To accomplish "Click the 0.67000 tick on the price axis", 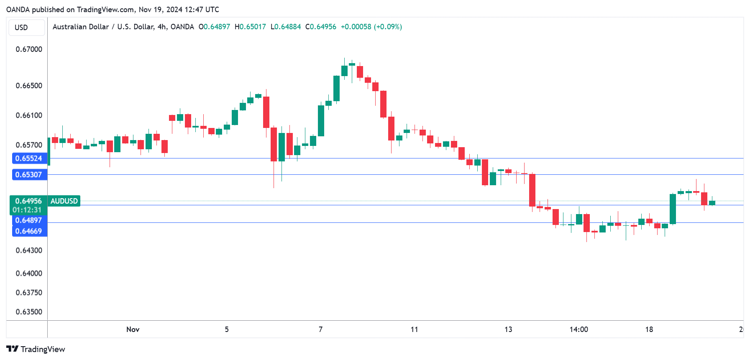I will click(29, 49).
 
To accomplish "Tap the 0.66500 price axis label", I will click(29, 86).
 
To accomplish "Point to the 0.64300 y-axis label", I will click(29, 250).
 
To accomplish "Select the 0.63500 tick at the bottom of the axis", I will click(29, 312).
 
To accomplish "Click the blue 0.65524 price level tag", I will click(29, 158).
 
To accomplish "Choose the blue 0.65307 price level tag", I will click(29, 175).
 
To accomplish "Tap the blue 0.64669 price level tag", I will click(29, 231).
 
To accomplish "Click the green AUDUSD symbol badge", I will click(64, 201).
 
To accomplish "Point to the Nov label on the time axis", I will click(133, 329).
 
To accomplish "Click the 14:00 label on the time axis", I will click(578, 329).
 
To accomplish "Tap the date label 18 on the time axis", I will click(649, 329).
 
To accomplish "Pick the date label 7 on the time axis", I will click(320, 329).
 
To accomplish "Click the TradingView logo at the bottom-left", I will click(36, 349).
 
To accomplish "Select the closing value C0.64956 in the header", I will click(321, 27).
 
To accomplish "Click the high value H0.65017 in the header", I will click(250, 27).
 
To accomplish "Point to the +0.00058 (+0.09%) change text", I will click(371, 27).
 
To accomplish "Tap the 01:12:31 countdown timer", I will click(27, 210).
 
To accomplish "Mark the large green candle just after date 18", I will click(673, 209).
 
